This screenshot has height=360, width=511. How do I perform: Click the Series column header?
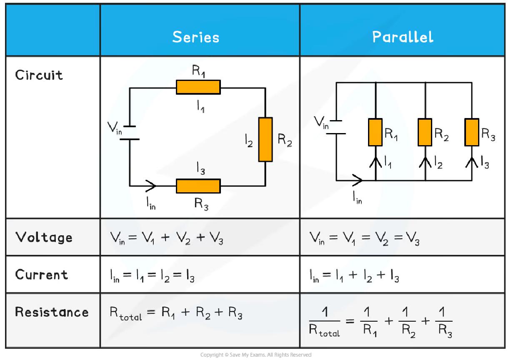pos(195,37)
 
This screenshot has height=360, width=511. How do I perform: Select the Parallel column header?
pos(403,37)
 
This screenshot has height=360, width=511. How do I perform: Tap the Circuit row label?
pos(39,75)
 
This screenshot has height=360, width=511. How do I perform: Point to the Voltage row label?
pos(44,237)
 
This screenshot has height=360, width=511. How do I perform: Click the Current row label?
pos(41,274)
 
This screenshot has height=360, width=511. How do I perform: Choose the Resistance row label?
pos(52,312)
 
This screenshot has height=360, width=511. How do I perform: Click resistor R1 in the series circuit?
pos(198,87)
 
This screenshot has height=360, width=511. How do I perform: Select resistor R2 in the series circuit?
pos(265,139)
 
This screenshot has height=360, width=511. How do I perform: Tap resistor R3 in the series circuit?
pos(198,186)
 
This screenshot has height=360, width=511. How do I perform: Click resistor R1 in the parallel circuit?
pos(375,132)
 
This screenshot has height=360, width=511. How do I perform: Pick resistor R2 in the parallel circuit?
pos(425,132)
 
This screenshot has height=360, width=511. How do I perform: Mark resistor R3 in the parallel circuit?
pos(472,132)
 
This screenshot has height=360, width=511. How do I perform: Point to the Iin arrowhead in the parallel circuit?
pos(357,181)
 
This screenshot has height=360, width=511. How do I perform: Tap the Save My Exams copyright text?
pos(255,355)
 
